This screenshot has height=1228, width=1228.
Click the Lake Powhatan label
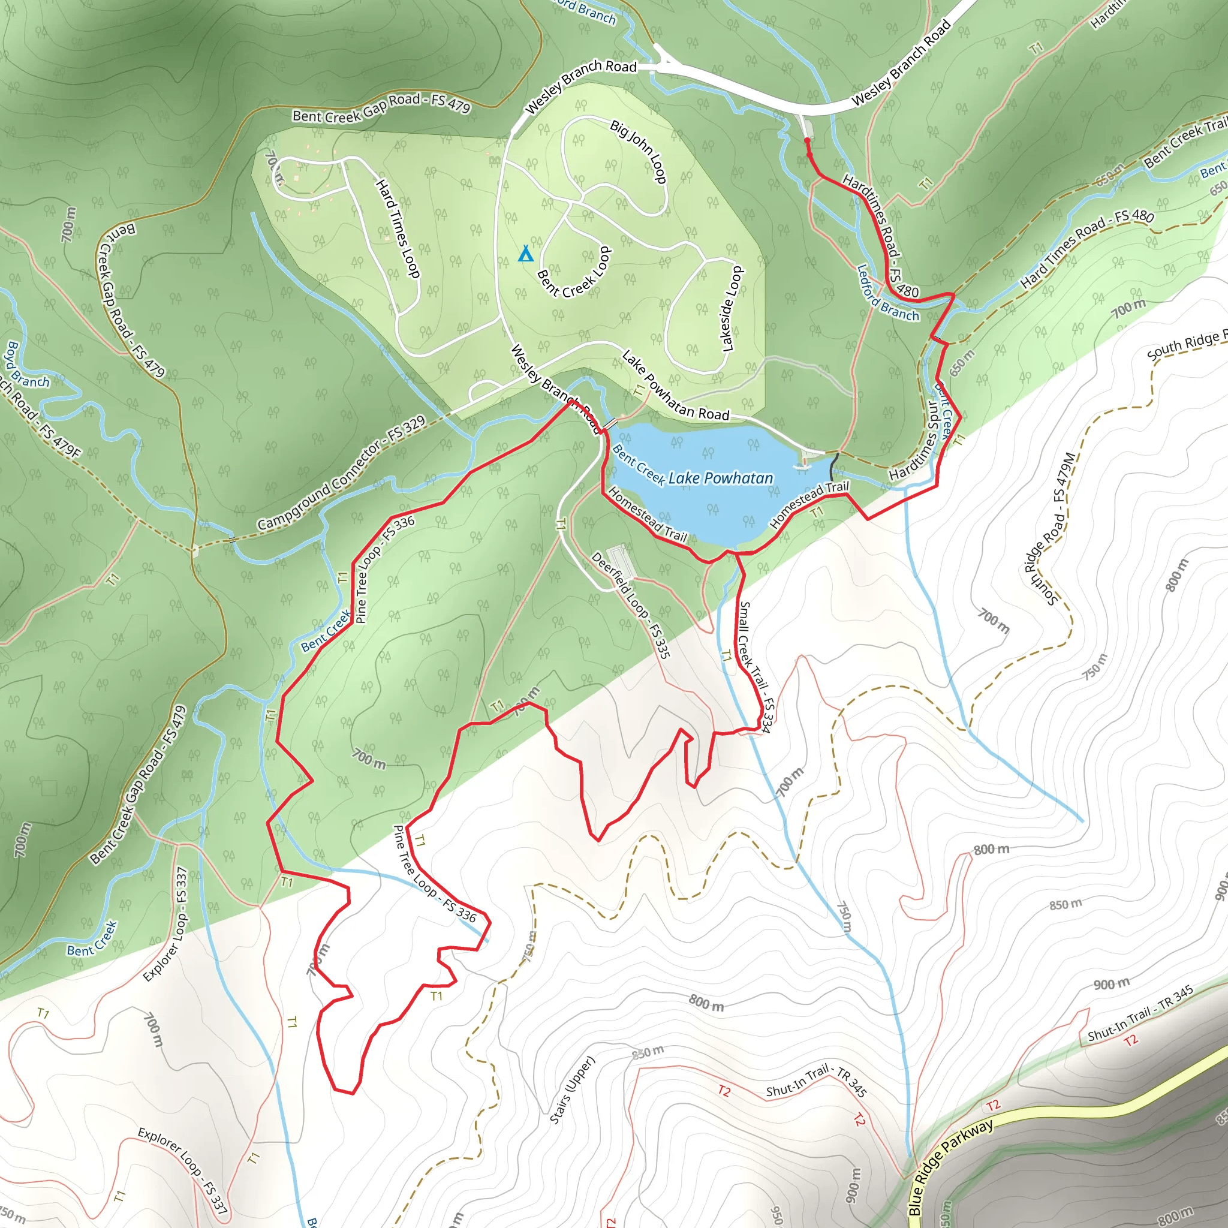click(720, 478)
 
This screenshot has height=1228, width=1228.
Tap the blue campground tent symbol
click(525, 254)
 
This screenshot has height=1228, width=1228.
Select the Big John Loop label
click(638, 151)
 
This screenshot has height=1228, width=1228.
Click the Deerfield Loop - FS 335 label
click(630, 604)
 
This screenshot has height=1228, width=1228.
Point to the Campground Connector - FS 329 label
click(341, 474)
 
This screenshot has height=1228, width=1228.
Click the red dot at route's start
click(807, 140)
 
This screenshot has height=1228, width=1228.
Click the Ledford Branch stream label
click(887, 294)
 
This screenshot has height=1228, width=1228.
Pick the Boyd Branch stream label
click(25, 364)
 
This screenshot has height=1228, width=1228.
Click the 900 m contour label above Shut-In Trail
click(1112, 984)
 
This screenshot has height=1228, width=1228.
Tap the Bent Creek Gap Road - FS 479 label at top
click(381, 107)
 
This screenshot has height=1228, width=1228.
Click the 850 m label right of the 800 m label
click(1066, 904)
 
